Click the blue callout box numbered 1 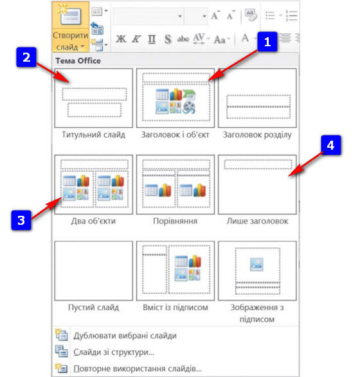coord(267,42)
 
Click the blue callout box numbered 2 coord(26,57)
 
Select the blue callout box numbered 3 coord(21,220)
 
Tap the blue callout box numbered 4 coord(330,145)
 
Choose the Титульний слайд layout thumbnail coord(94,98)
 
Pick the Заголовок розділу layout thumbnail coord(257,98)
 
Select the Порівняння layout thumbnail coord(175,184)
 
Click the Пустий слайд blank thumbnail coord(94,271)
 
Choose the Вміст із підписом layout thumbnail coord(175,271)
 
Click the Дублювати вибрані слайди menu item coord(125,336)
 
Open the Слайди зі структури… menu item coord(114,352)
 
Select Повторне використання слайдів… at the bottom coord(138,369)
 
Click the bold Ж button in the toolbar coord(121,39)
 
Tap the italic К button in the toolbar coord(136,39)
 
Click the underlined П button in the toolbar coord(152,39)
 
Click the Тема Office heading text coord(78,60)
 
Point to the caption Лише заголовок coord(257,221)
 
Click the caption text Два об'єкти coord(93,221)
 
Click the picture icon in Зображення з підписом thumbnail coord(256,264)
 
